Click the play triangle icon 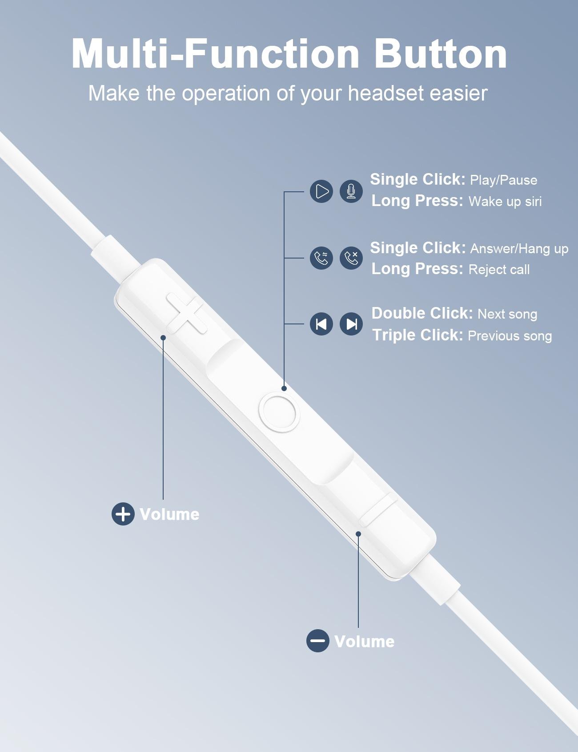(x=321, y=191)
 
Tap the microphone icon (x=351, y=191)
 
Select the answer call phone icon (x=321, y=258)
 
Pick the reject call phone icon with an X (x=351, y=258)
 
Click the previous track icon (x=321, y=324)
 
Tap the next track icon (x=351, y=324)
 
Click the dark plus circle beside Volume (x=123, y=514)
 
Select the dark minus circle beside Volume (x=318, y=641)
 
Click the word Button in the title (x=441, y=54)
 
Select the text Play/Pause (x=503, y=180)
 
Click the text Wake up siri (x=505, y=201)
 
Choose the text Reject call (x=499, y=269)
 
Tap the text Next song (x=507, y=314)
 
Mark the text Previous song (x=510, y=336)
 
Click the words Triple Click (x=417, y=335)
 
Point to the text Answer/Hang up (x=519, y=248)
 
